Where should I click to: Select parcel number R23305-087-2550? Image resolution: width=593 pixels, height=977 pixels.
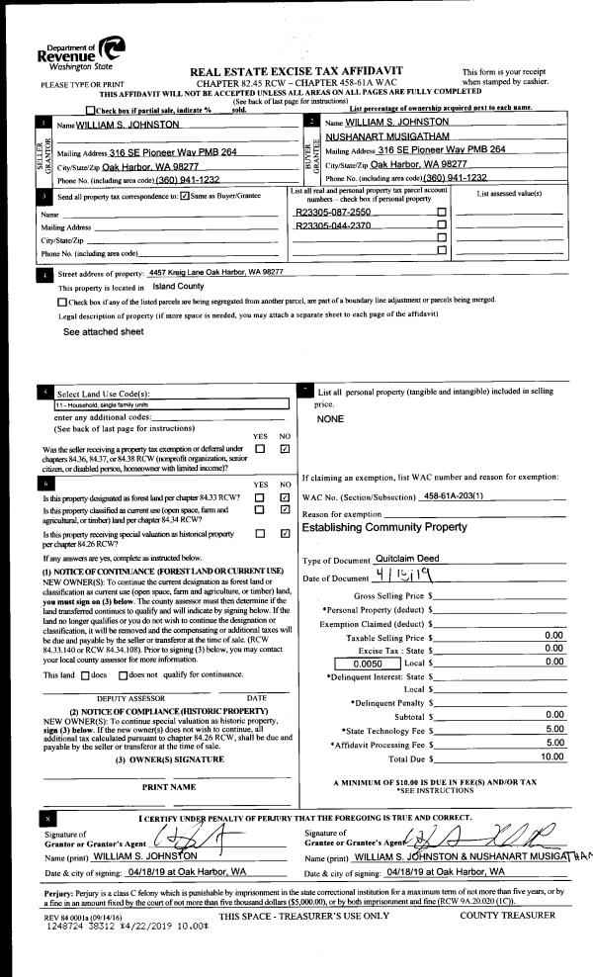[x=333, y=212]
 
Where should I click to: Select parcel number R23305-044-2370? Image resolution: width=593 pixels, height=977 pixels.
[x=333, y=225]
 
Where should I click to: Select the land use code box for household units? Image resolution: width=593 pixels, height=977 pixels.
[x=171, y=404]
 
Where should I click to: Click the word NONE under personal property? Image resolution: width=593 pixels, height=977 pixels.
[x=331, y=419]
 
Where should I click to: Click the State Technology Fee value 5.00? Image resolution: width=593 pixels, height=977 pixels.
[x=554, y=728]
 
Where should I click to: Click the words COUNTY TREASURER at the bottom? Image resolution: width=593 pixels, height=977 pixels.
[x=507, y=916]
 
